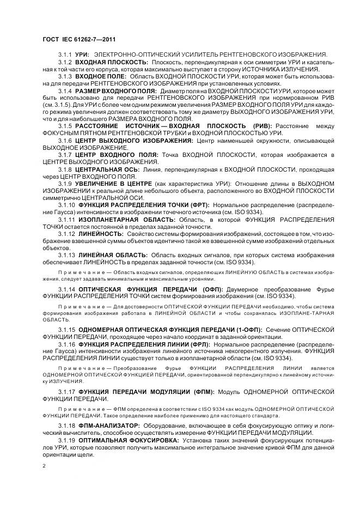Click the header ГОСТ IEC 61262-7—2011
pyautogui.click(x=79, y=39)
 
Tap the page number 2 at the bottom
pyautogui.click(x=44, y=466)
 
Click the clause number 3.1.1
pyautogui.click(x=66, y=55)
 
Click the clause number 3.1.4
pyautogui.click(x=66, y=90)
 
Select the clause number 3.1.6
pyautogui.click(x=66, y=140)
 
